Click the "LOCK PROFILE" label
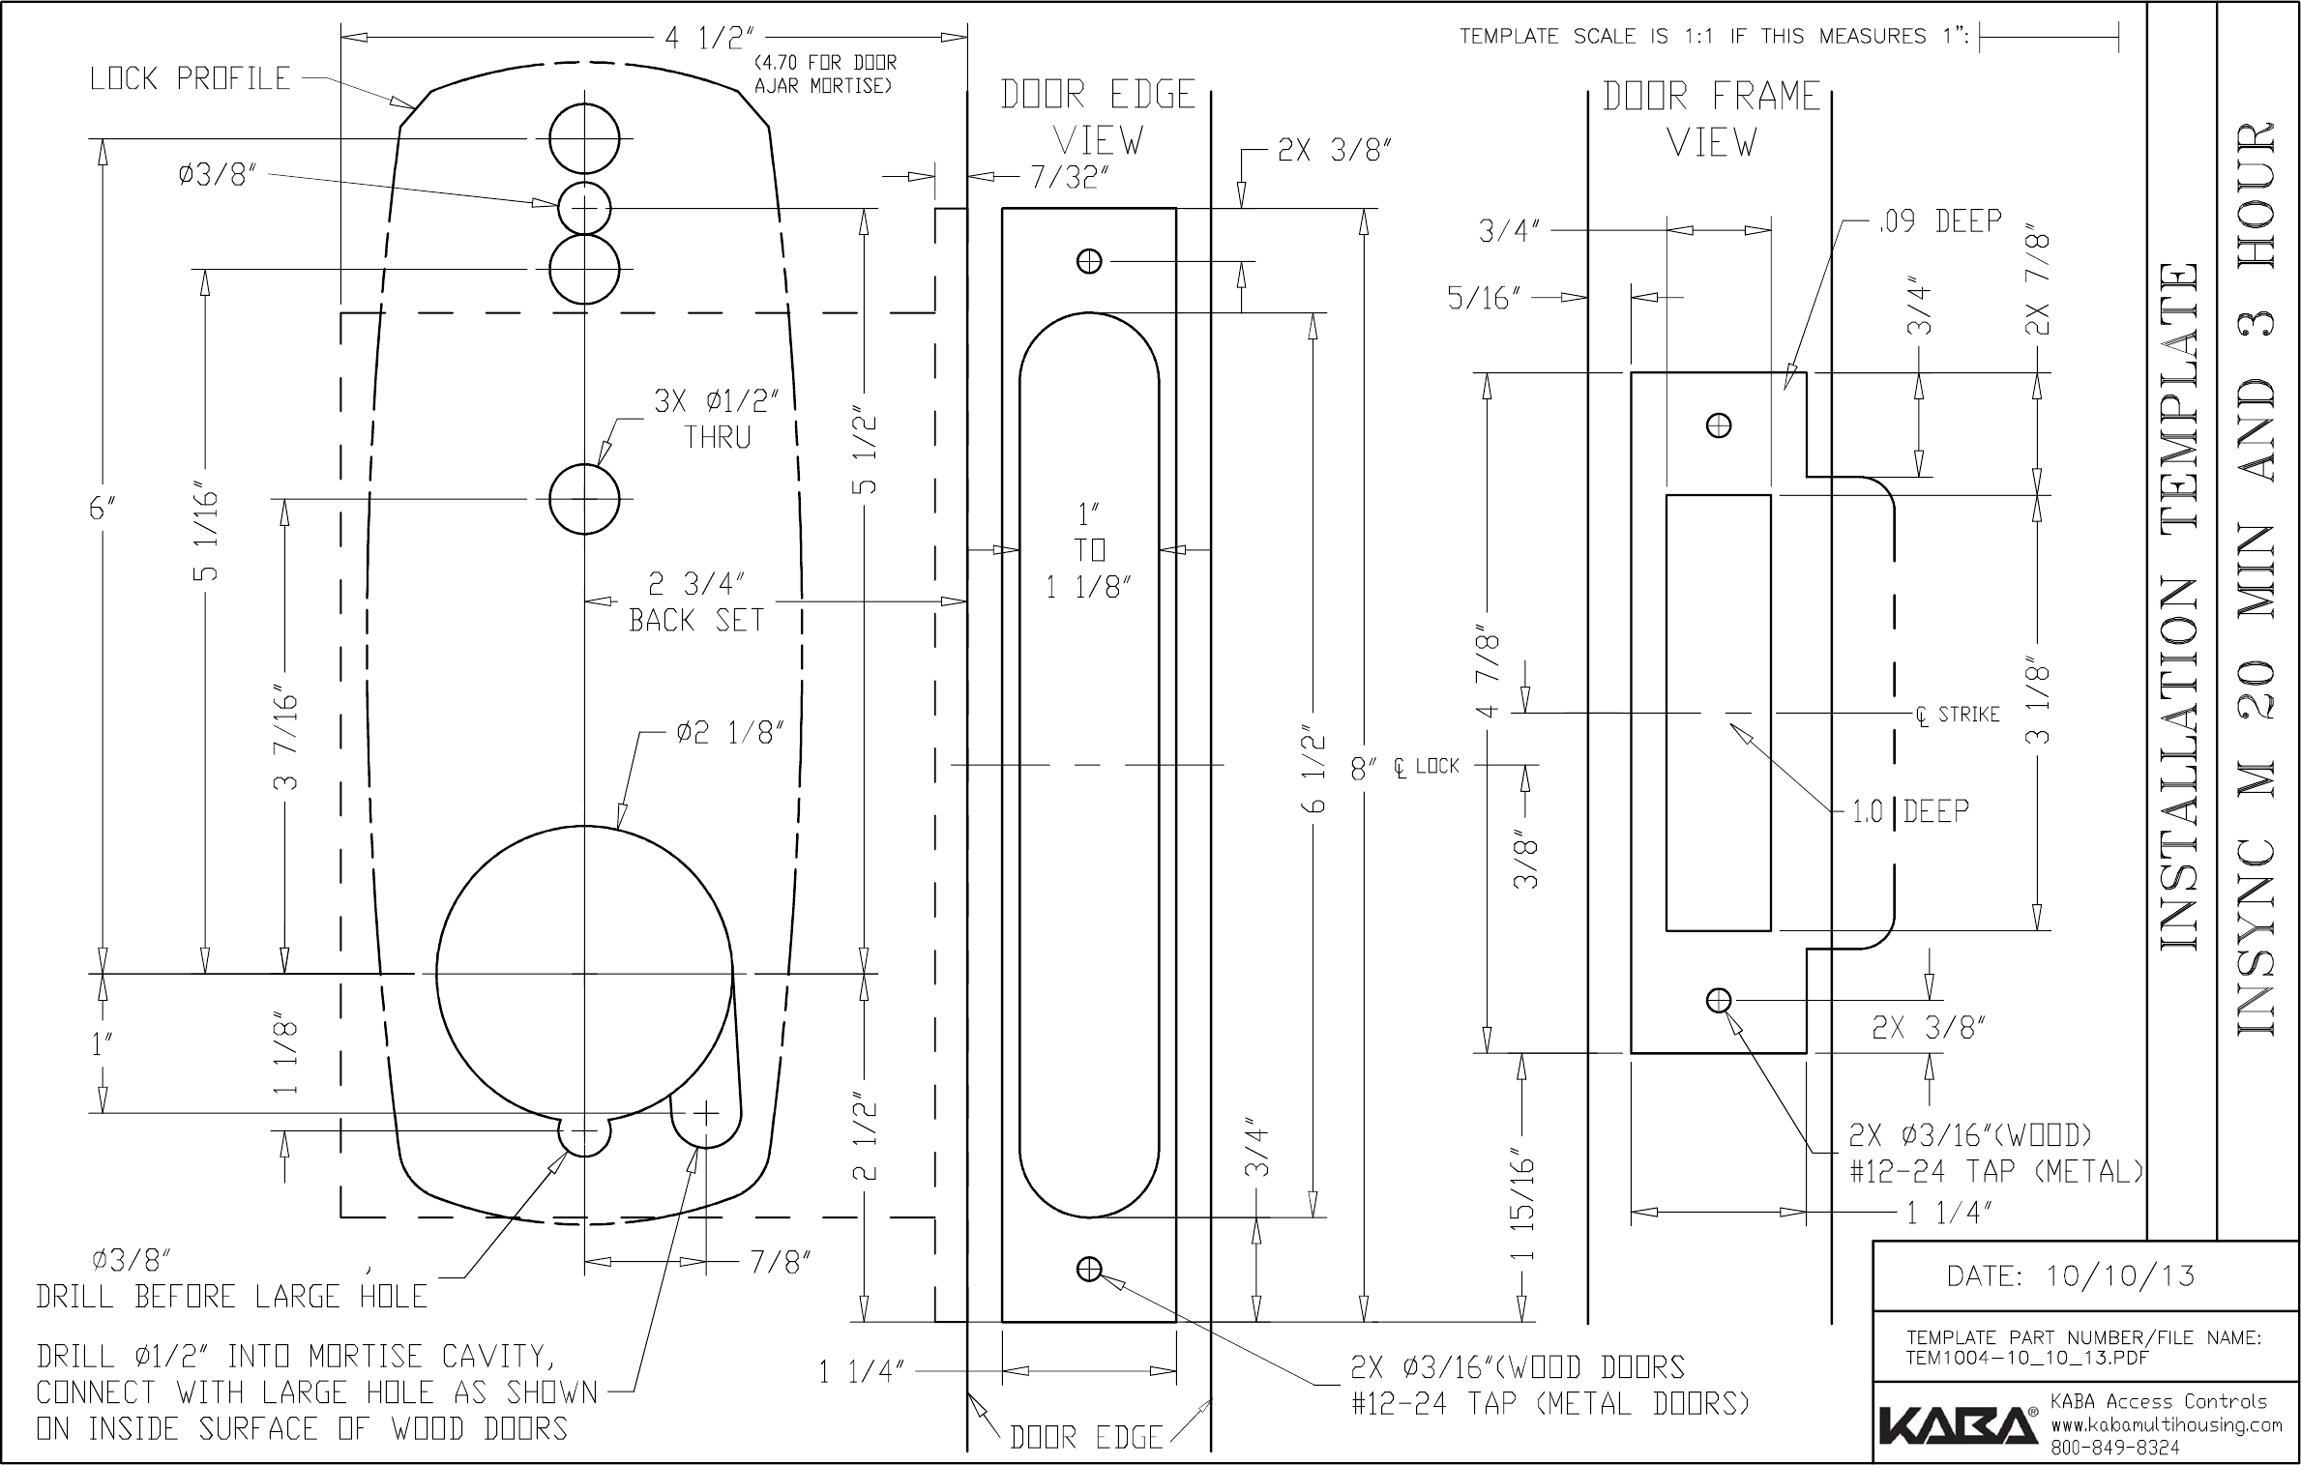point(190,79)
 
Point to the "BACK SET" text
point(696,620)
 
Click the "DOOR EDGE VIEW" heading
point(1098,118)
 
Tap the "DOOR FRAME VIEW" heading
point(1711,119)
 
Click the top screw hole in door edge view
point(1089,261)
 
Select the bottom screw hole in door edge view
point(1089,1270)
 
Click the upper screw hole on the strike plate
point(1719,425)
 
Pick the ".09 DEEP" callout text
point(1938,221)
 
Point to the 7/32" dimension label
point(1069,178)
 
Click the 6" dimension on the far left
point(100,509)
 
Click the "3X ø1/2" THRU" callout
point(717,419)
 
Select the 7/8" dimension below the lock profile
point(780,1262)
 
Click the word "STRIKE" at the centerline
point(1968,715)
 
